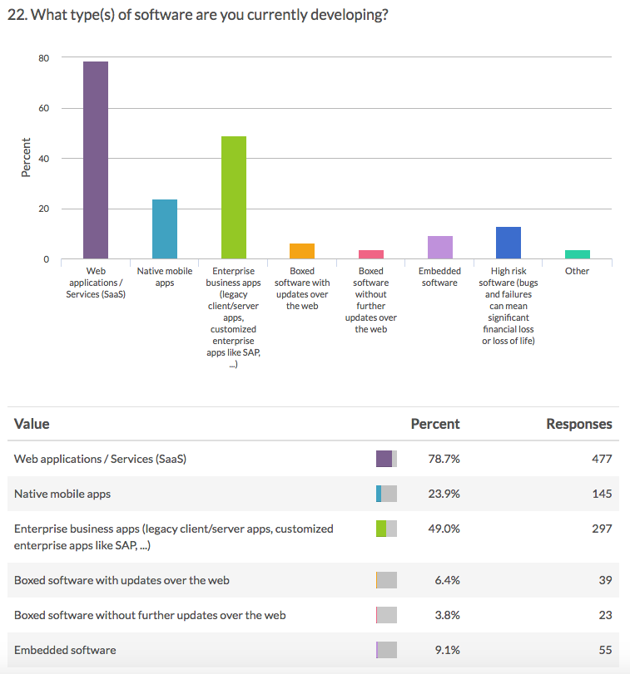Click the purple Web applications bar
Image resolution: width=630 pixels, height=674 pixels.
[96, 160]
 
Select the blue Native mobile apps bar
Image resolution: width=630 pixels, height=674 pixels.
[164, 229]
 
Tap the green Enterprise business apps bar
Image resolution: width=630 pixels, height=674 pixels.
[233, 197]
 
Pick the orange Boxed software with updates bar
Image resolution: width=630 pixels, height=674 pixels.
[302, 251]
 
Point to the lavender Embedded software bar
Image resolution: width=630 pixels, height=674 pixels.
[439, 247]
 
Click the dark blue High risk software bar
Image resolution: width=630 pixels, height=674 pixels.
[508, 242]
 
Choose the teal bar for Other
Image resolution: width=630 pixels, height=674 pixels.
[577, 254]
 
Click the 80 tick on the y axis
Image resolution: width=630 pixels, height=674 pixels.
[42, 58]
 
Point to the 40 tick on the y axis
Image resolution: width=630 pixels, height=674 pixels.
[42, 159]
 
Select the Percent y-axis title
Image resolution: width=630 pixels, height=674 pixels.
[26, 157]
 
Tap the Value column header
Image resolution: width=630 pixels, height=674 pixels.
[32, 424]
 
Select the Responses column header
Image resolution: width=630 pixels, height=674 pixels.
[578, 424]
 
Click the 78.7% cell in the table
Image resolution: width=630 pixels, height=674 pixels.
[444, 459]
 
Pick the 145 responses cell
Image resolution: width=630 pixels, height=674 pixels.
[601, 494]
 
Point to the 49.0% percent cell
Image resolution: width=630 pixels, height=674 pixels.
[444, 529]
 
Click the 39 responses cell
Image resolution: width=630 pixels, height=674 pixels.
[605, 580]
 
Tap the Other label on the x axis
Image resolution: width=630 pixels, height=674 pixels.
[577, 271]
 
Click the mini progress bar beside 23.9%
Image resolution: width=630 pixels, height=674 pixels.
[386, 494]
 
